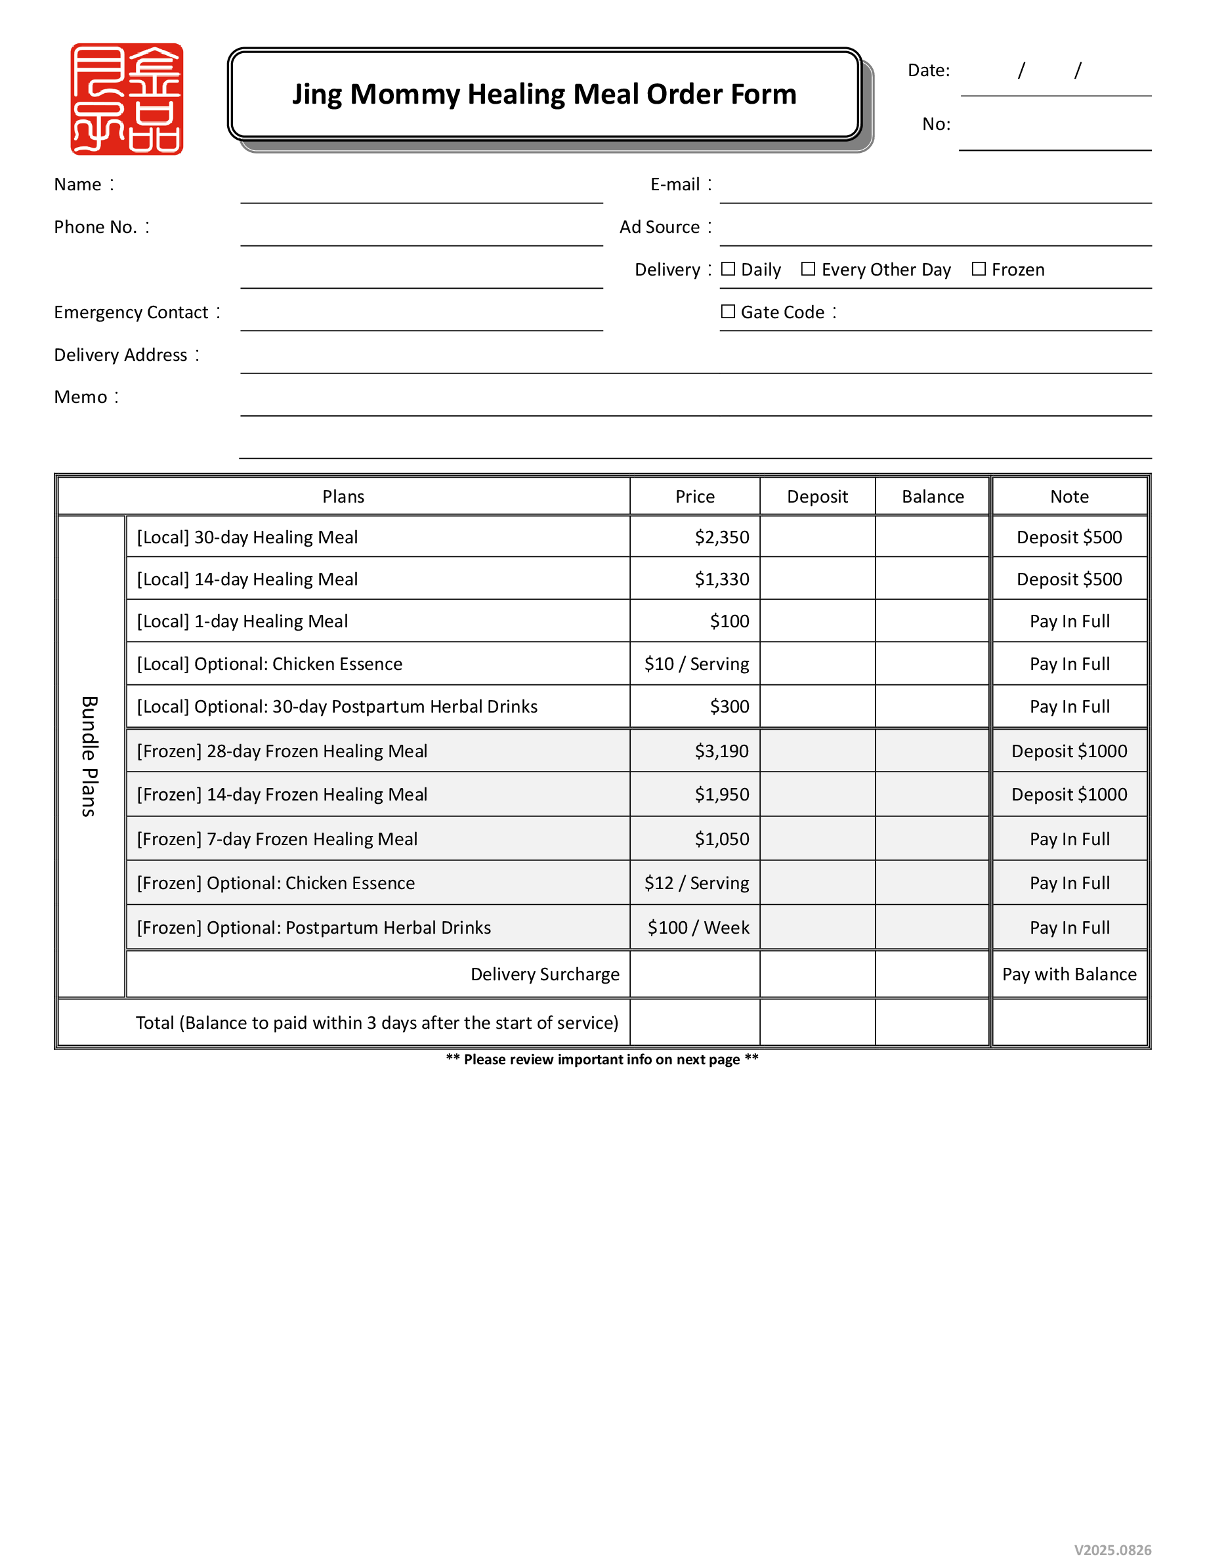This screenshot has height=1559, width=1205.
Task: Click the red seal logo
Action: [127, 99]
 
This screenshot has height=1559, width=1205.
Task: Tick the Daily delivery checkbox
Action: [728, 269]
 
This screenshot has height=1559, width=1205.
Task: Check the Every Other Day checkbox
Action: [808, 269]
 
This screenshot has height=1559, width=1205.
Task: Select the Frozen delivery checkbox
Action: [979, 269]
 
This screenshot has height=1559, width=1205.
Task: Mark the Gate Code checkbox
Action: [728, 312]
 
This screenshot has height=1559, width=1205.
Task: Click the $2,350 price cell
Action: [722, 537]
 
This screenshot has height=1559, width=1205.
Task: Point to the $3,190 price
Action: [722, 752]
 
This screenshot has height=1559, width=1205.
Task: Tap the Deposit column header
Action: [817, 497]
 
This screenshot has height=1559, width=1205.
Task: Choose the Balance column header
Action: [933, 497]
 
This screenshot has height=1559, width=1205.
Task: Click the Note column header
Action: [1069, 497]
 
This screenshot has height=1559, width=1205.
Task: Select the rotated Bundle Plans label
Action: [89, 757]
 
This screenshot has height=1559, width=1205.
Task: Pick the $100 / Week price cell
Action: [698, 928]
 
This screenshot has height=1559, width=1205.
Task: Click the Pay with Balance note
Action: [1069, 975]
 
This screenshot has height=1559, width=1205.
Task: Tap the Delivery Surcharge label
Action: [545, 975]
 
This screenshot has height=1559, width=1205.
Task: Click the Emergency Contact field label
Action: [131, 313]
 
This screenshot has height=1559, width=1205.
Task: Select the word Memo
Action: [81, 398]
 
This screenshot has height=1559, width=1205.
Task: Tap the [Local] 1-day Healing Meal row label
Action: [243, 622]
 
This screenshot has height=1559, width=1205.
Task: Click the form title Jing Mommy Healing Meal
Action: [544, 94]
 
